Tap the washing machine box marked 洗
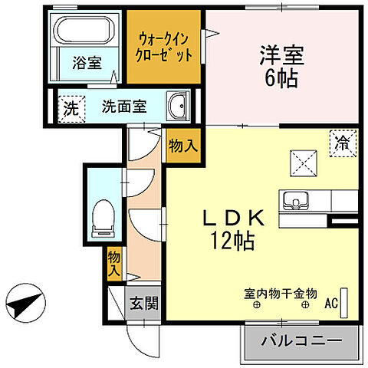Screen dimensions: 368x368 pyautogui.click(x=69, y=107)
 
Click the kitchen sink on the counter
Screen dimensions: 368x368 pyautogui.click(x=294, y=200)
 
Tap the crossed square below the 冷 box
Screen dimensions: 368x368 pyautogui.click(x=301, y=163)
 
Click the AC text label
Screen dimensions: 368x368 pyautogui.click(x=331, y=304)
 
